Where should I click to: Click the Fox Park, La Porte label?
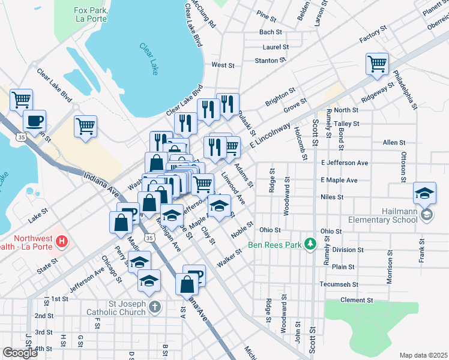point(90,14)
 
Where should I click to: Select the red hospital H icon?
point(61,242)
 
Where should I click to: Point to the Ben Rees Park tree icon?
point(310,244)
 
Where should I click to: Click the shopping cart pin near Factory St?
point(377,64)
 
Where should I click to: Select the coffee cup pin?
point(34,121)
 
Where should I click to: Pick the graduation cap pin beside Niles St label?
point(425,193)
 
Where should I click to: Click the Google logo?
point(20,353)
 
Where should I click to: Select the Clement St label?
point(357,300)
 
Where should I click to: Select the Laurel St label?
point(276,46)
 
